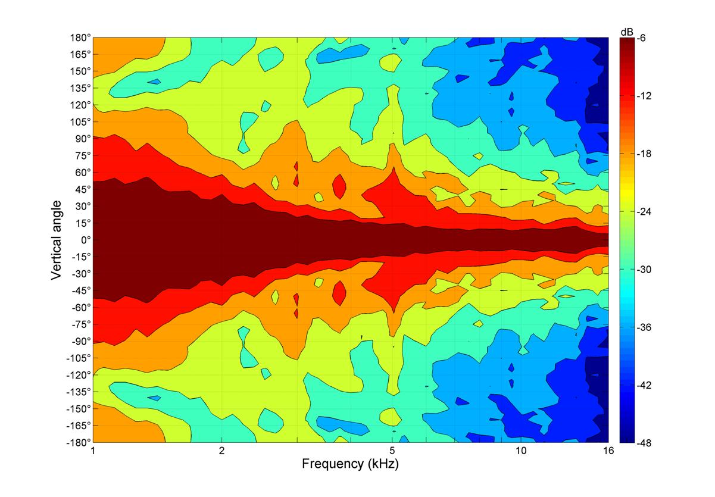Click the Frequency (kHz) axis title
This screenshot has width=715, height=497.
(350, 464)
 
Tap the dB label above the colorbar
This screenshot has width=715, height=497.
(627, 31)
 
